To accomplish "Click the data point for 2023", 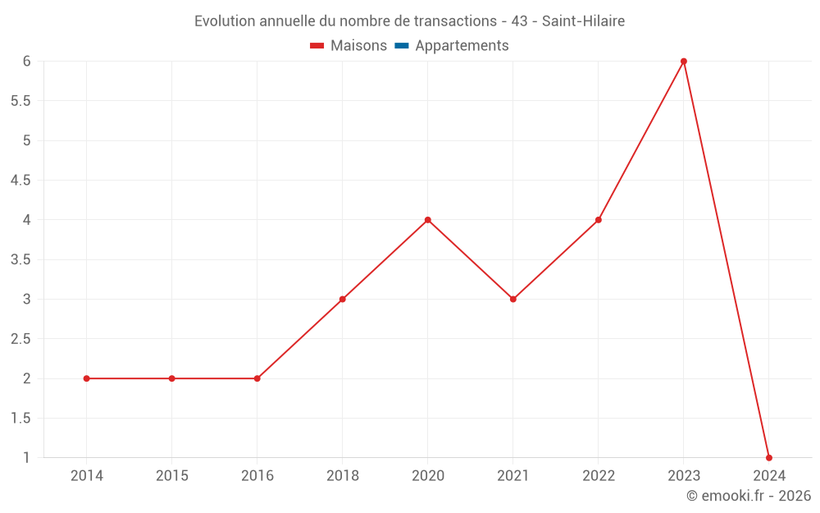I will tap(684, 62).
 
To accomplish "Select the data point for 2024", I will tap(769, 458).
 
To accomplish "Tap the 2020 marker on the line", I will tap(428, 220).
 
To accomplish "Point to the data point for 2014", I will tap(87, 378).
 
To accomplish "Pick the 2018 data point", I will tap(343, 299).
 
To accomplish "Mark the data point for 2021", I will tap(513, 299).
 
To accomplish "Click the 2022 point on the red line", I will tap(599, 220).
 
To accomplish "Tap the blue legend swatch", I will tap(402, 46).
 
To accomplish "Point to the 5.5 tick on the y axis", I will tap(20, 101).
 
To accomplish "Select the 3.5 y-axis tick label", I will tap(20, 259).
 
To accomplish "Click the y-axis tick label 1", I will tap(26, 458).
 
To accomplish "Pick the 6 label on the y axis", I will tap(26, 62).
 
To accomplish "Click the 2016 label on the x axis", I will tap(257, 476).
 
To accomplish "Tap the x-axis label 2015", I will tap(172, 476).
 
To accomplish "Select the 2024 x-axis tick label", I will tap(769, 476).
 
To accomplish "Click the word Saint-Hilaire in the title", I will tap(583, 21).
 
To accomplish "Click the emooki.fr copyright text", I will tap(749, 496).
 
